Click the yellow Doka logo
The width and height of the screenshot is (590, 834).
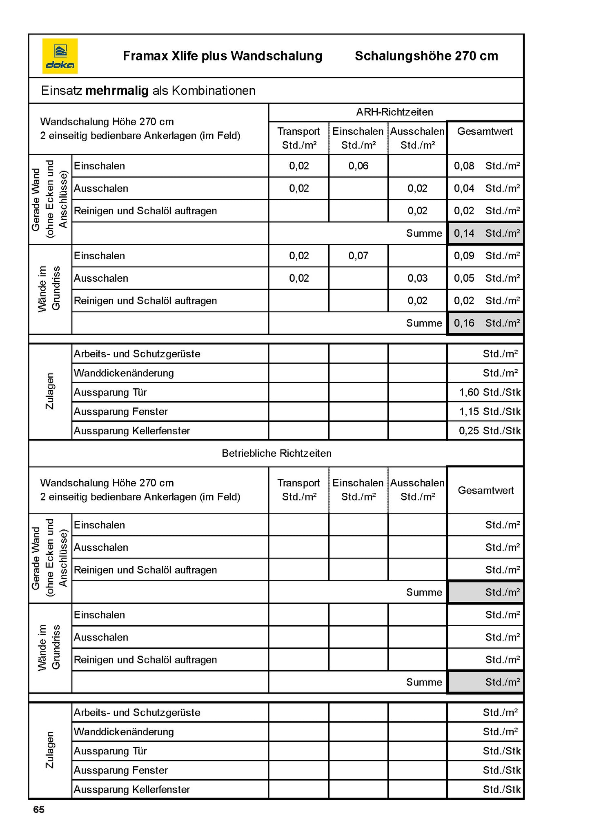click(60, 56)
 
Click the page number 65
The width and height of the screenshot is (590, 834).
click(39, 810)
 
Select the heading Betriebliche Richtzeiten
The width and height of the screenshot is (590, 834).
click(276, 453)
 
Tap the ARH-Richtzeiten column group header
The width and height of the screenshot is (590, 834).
click(394, 112)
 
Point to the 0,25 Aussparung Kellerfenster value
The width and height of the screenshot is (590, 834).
click(469, 431)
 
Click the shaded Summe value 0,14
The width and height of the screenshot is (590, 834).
click(464, 233)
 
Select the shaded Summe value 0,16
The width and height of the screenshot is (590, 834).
click(464, 323)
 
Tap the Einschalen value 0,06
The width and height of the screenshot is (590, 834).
click(358, 166)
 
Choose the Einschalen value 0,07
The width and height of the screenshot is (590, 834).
click(358, 256)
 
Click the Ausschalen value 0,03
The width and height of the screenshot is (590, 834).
click(417, 278)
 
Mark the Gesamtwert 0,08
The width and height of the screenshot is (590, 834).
click(464, 166)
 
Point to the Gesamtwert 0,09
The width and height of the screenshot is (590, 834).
click(464, 256)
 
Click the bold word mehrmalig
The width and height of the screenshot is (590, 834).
click(116, 90)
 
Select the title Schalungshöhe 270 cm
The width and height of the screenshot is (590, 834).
click(426, 56)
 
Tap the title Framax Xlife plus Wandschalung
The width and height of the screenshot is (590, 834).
click(223, 56)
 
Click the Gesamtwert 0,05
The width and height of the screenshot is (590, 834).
click(464, 278)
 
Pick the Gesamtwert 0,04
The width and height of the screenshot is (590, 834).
click(464, 188)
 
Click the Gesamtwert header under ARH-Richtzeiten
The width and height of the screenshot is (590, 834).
click(485, 131)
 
